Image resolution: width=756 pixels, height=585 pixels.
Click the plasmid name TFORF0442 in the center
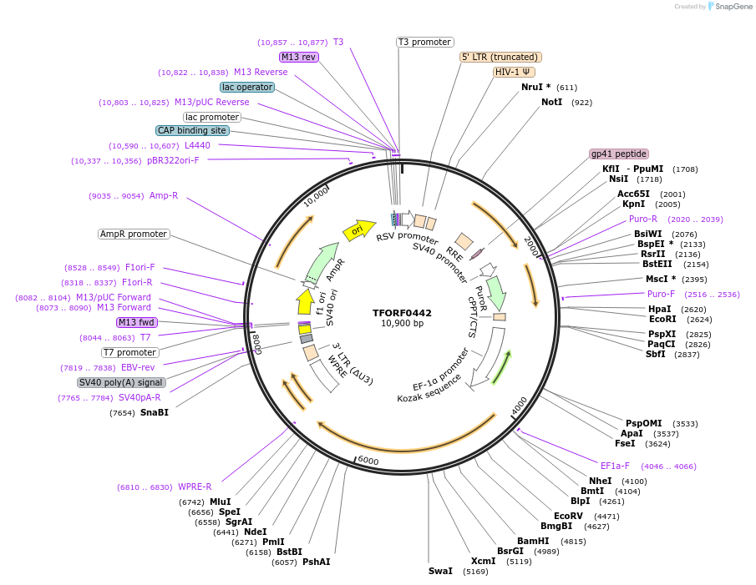[x=402, y=313]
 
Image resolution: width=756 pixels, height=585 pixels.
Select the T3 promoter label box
[x=424, y=42]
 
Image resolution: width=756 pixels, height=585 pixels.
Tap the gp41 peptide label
[x=619, y=154]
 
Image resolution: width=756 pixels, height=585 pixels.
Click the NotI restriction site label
[x=552, y=103]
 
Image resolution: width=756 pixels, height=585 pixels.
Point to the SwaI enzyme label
[x=440, y=572]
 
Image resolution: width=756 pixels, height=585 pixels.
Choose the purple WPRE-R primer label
[x=195, y=487]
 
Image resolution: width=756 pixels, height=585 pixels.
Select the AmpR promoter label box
[x=134, y=235]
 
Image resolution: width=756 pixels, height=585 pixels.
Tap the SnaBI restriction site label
[x=155, y=412]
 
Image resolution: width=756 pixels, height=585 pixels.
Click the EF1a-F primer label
[x=615, y=466]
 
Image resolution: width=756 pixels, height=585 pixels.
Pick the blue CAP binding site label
[x=191, y=131]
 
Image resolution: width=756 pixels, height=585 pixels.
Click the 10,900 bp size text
[x=402, y=324]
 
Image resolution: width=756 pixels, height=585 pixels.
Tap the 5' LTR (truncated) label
[x=500, y=57]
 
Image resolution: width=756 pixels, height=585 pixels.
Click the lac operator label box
[x=247, y=87]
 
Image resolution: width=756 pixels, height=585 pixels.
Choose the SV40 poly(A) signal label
[x=121, y=382]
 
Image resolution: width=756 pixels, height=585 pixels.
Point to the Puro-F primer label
[x=661, y=294]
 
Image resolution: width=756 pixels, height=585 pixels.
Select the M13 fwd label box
[x=136, y=322]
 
